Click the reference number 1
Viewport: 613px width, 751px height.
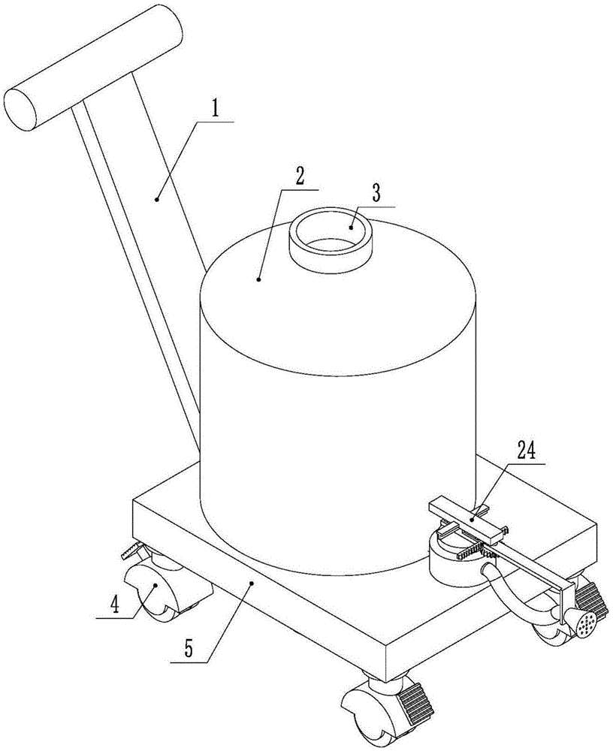point(216,110)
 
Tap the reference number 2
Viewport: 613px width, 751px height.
point(299,176)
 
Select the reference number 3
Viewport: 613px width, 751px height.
point(376,193)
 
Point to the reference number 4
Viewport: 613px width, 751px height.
point(114,605)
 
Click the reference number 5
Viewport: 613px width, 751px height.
point(189,650)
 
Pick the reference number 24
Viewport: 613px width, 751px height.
point(527,451)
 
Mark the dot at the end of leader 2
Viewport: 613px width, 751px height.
point(259,279)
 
